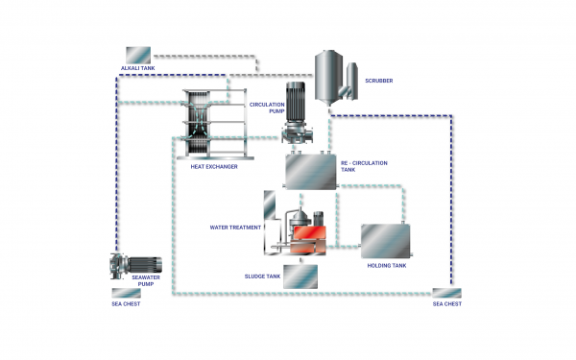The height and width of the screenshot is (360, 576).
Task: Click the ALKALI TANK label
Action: pyautogui.click(x=138, y=69)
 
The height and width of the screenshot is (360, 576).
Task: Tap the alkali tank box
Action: pyautogui.click(x=138, y=55)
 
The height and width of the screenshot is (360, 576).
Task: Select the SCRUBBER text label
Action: pyautogui.click(x=380, y=81)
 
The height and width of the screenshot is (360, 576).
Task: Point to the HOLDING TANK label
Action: pyautogui.click(x=386, y=267)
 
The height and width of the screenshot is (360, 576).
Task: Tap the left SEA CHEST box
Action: pyautogui.click(x=126, y=293)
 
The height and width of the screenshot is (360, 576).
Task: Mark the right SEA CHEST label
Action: pyautogui.click(x=446, y=303)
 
